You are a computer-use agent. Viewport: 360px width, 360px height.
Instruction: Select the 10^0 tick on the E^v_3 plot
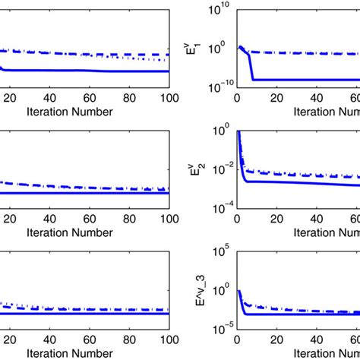tap(223, 290)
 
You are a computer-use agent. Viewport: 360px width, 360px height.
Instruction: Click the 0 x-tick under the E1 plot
tap(237, 99)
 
